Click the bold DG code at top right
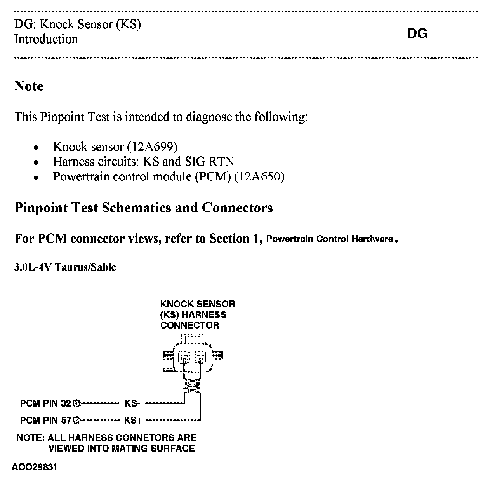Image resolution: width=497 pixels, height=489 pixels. pos(417,34)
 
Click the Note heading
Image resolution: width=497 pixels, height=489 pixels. pos(29,86)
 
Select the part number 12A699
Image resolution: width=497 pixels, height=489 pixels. pos(152,147)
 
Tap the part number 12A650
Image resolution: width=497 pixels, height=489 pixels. pos(259,177)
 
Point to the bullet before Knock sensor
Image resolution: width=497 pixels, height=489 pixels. pos(36,148)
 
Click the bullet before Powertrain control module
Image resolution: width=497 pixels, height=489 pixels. pos(36,178)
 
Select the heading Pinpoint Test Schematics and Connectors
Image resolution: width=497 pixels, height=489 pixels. pos(144,208)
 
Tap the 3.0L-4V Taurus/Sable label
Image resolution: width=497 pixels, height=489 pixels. pos(65,267)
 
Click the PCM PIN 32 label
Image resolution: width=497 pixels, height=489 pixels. pos(45,403)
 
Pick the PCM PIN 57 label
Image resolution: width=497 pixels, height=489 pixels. pos(45,420)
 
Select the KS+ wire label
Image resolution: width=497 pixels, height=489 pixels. pos(132,420)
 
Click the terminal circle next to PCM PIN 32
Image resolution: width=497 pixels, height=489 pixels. pos(76,403)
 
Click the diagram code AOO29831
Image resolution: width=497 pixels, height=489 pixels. pos(35,467)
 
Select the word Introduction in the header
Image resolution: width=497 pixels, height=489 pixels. pos(46,39)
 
